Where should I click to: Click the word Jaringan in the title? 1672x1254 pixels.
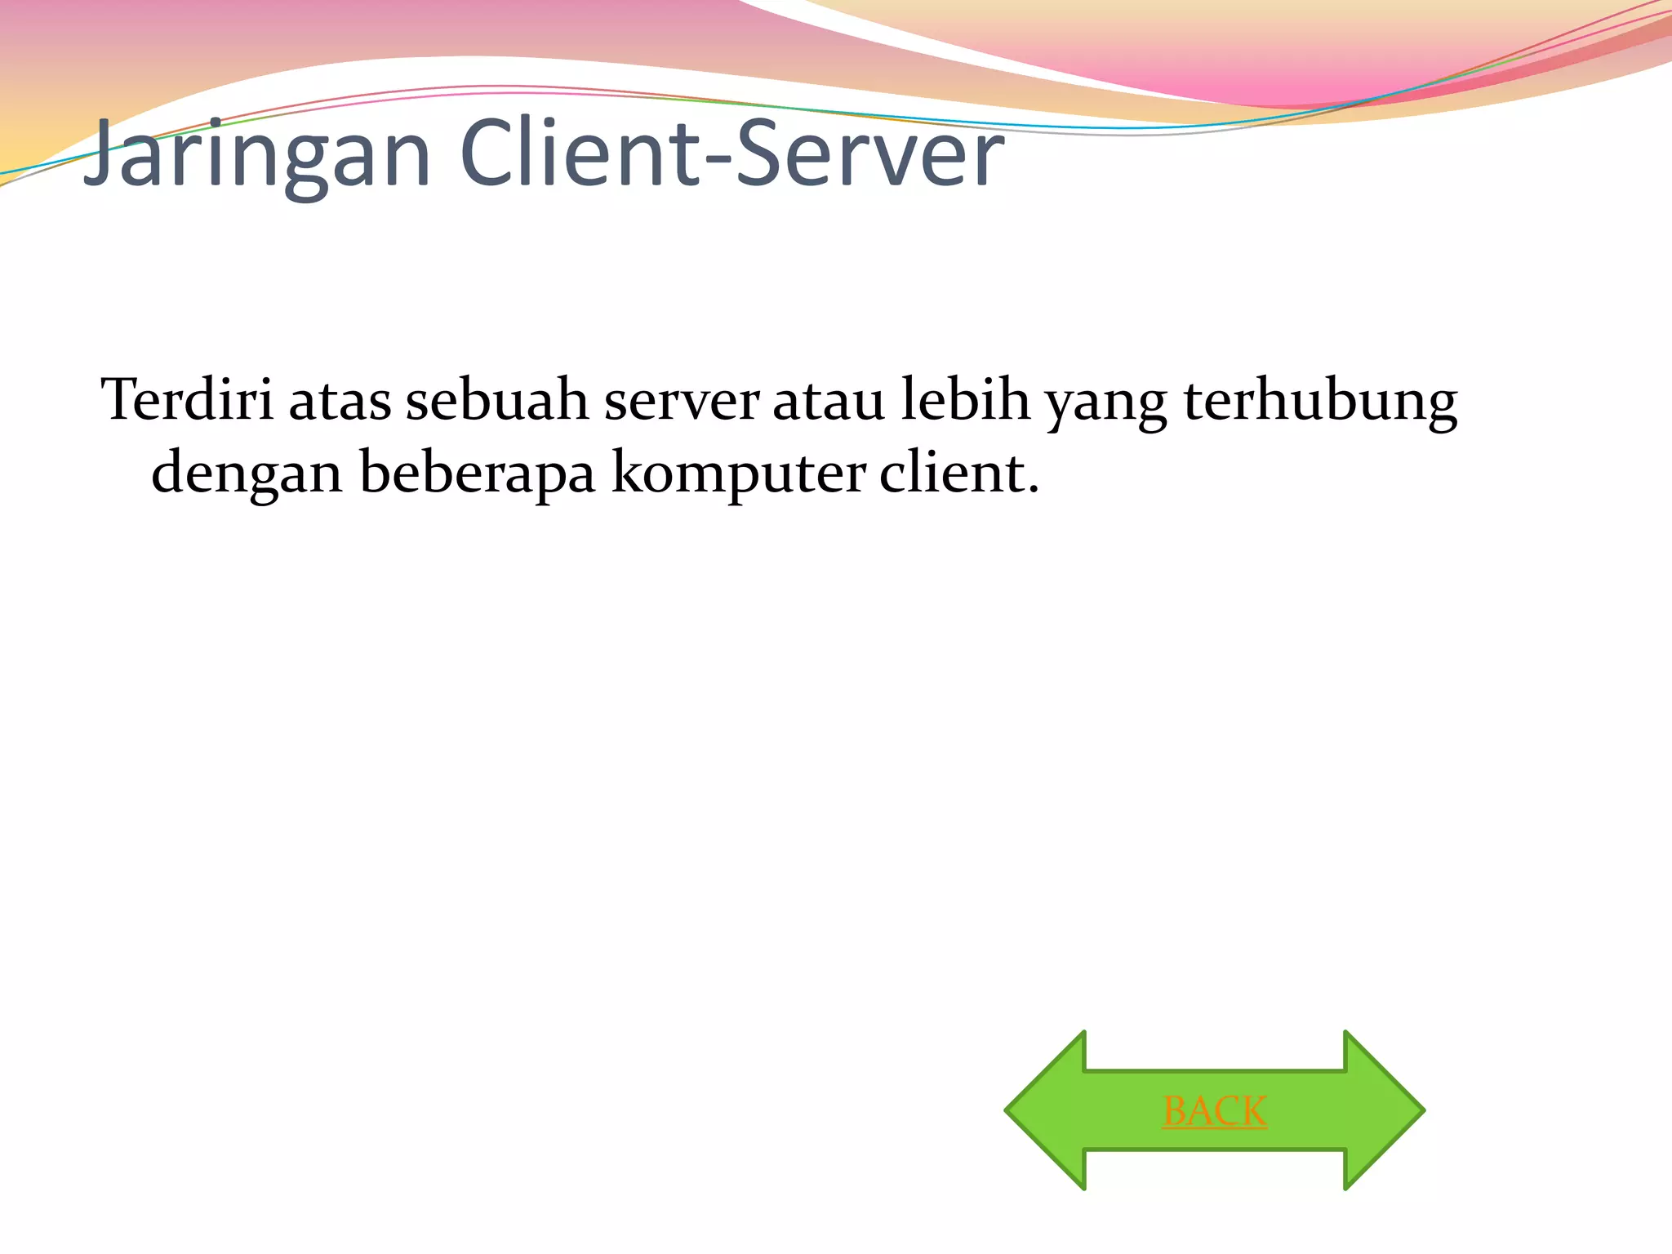pyautogui.click(x=257, y=155)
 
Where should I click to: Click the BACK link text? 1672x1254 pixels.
pyautogui.click(x=1215, y=1111)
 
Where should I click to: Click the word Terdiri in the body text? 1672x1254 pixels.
pyautogui.click(x=187, y=400)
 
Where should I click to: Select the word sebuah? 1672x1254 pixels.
pyautogui.click(x=497, y=400)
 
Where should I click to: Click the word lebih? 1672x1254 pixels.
pyautogui.click(x=965, y=400)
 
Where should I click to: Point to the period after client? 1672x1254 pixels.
pyautogui.click(x=1034, y=490)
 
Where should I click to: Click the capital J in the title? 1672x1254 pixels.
pyautogui.click(x=102, y=151)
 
